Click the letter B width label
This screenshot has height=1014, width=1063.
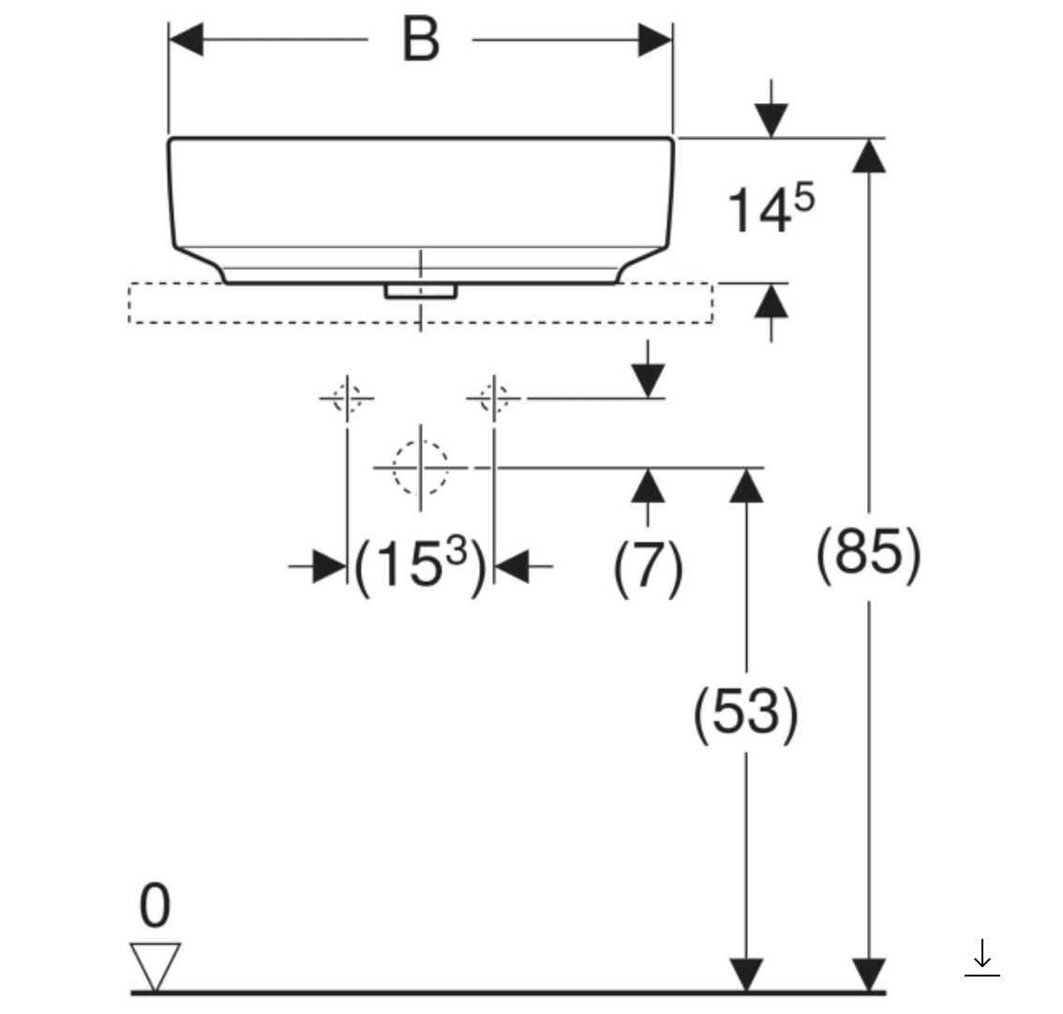pyautogui.click(x=420, y=40)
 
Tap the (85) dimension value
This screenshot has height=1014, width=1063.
pyautogui.click(x=868, y=554)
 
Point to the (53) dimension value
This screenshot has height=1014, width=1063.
pyautogui.click(x=746, y=713)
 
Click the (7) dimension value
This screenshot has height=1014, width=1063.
pyautogui.click(x=648, y=568)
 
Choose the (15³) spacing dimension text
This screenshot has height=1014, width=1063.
pyautogui.click(x=420, y=566)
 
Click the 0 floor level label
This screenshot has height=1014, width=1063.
pyautogui.click(x=155, y=906)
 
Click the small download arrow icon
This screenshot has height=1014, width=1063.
pyautogui.click(x=982, y=957)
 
